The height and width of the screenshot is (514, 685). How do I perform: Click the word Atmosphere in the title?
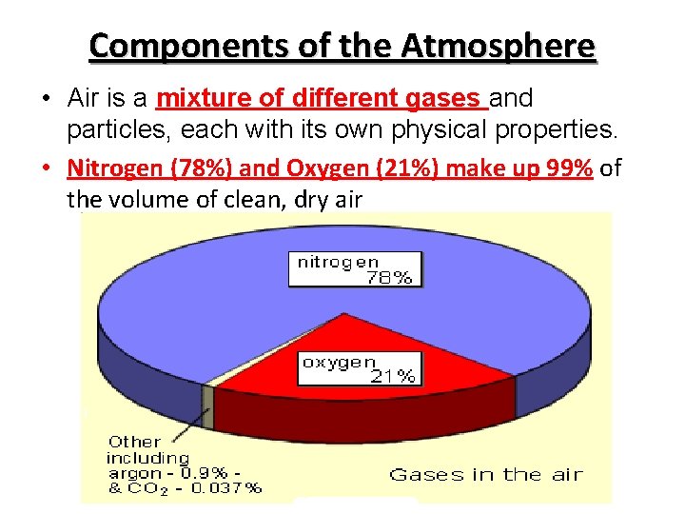[x=499, y=46]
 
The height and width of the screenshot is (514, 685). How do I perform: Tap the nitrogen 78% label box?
[x=356, y=269]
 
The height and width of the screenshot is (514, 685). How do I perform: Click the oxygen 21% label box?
[x=359, y=368]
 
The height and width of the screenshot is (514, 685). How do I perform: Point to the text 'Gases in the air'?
[x=486, y=474]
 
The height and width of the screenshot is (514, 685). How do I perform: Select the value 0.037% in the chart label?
[x=227, y=488]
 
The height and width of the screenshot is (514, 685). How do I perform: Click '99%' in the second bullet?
[x=568, y=169]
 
